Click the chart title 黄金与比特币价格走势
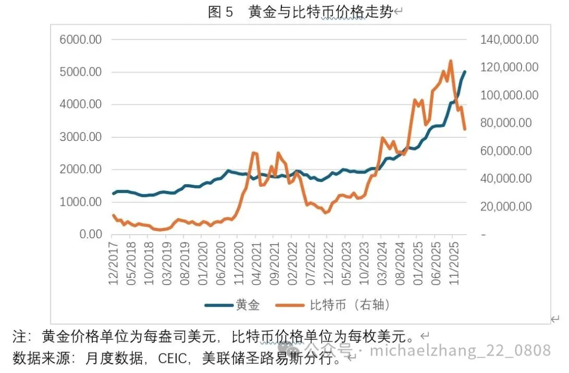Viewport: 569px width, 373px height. [x=320, y=13]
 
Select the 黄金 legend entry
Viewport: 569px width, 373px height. [x=247, y=305]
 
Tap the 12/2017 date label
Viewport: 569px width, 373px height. [x=113, y=261]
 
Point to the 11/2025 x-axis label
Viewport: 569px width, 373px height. [x=453, y=261]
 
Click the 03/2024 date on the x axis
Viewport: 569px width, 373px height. [x=381, y=261]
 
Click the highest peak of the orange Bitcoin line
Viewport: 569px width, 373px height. [x=450, y=61]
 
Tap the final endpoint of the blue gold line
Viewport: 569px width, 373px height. [x=465, y=71]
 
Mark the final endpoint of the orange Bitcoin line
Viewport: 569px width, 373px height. [x=465, y=129]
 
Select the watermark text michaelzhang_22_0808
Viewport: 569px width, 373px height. [x=461, y=350]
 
